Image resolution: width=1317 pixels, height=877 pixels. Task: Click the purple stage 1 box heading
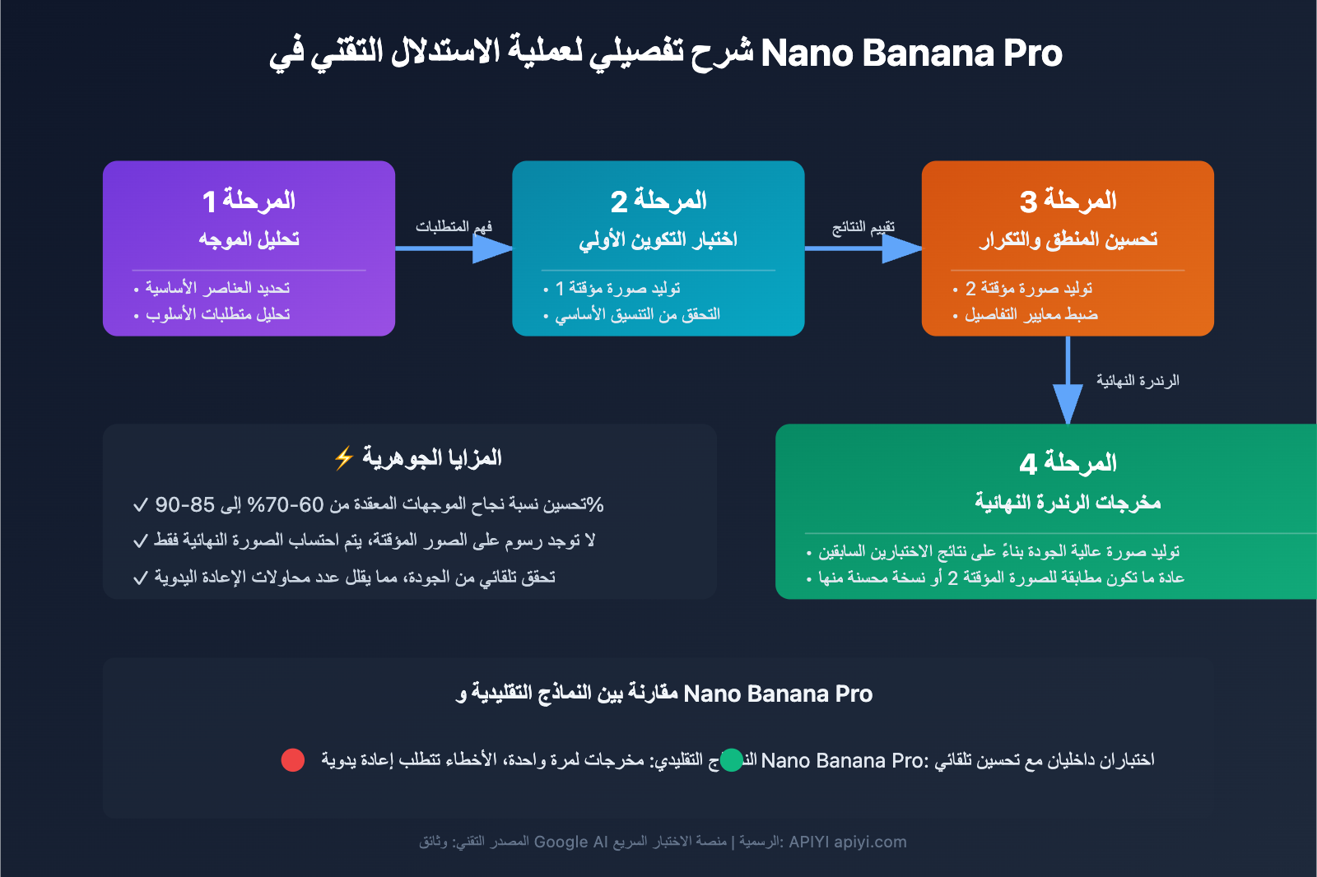[249, 200]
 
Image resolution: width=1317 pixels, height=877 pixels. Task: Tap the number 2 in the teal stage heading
[619, 201]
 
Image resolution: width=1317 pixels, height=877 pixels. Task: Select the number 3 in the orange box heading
[1028, 201]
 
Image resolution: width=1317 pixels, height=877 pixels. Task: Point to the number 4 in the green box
[1028, 464]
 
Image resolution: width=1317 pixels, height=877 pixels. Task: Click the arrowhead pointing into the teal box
[493, 248]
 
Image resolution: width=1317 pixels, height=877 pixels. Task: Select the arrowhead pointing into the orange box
[902, 248]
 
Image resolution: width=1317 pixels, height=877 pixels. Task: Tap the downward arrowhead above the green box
[1068, 403]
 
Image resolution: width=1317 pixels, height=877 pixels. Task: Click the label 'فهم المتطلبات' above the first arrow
[454, 226]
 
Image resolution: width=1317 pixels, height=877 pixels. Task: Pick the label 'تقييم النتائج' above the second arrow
[863, 226]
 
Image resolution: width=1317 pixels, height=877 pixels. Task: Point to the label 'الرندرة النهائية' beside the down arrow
[1138, 380]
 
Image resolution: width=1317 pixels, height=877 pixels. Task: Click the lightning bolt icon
[344, 457]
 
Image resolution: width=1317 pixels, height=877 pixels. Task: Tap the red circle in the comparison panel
[293, 760]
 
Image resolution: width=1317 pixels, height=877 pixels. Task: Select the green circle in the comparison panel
[731, 760]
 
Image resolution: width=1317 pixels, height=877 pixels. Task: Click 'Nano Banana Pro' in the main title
[911, 53]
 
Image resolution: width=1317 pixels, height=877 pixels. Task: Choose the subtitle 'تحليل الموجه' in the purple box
[249, 239]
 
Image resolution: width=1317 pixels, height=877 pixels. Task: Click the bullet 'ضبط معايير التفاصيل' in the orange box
[1031, 314]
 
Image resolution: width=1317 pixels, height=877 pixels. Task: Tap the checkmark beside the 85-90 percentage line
[141, 504]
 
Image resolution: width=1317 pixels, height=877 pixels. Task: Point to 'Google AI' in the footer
[570, 842]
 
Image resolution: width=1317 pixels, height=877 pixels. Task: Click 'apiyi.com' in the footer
[870, 842]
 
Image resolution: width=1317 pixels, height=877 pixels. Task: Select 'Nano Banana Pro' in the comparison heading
[778, 694]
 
